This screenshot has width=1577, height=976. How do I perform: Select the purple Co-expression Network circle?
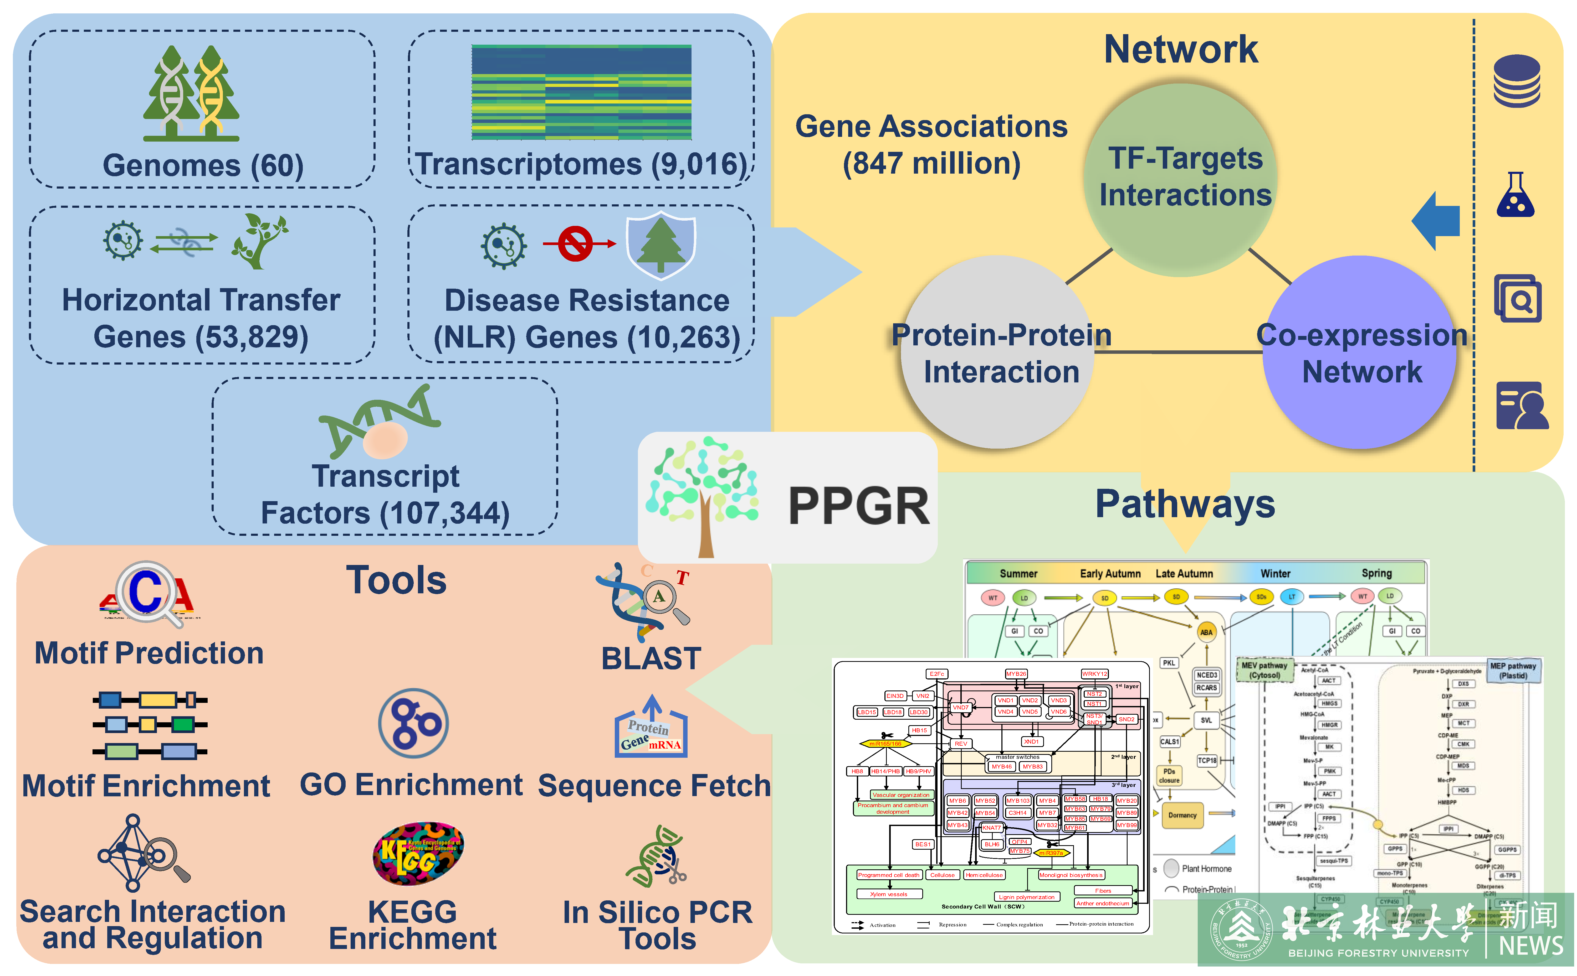(x=1360, y=352)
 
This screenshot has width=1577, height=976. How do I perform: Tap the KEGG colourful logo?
(x=418, y=853)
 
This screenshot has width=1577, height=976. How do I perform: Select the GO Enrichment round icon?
(x=413, y=723)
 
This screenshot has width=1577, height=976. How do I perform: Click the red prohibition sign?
(x=575, y=243)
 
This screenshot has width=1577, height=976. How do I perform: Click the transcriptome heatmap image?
(x=581, y=92)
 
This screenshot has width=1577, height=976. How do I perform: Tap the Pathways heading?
(x=1185, y=504)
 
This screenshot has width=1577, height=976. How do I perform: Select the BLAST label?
(x=651, y=658)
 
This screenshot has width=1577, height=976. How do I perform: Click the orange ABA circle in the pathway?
(x=1206, y=632)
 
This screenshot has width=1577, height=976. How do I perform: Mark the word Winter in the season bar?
(x=1276, y=573)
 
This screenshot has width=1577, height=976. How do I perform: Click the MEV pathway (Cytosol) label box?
(x=1264, y=670)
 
